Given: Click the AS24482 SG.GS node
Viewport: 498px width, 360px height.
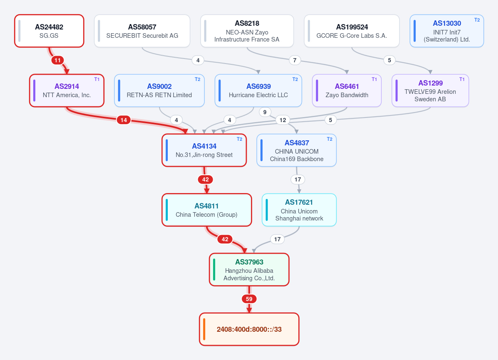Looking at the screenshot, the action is (x=49, y=31).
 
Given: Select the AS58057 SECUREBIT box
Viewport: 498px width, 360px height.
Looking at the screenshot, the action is (x=142, y=31).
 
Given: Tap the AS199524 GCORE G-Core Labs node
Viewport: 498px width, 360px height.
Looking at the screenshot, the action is (x=351, y=31).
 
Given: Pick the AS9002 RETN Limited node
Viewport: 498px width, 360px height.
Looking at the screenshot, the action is (x=159, y=91).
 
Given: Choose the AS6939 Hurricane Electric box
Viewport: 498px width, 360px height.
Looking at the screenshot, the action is (x=258, y=91).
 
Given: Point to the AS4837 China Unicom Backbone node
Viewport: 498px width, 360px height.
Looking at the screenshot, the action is (x=296, y=150).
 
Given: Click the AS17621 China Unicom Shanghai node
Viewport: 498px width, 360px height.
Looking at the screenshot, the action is (x=299, y=210).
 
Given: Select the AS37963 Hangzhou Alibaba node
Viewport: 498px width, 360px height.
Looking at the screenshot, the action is (x=249, y=269).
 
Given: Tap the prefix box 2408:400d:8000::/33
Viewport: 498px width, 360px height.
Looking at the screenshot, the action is (x=249, y=329).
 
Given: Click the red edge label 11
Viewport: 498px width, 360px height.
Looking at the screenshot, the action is (x=57, y=60).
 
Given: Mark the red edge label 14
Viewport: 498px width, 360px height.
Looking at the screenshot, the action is (x=123, y=120).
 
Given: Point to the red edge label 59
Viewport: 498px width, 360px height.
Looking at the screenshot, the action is (x=249, y=299).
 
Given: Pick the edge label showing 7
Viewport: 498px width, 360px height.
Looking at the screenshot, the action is (x=295, y=60).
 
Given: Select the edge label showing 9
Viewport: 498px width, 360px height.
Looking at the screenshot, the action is (x=265, y=112).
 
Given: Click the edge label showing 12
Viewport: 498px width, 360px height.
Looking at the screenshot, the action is (x=283, y=120).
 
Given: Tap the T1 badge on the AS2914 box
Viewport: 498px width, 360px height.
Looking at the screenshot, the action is (x=97, y=79).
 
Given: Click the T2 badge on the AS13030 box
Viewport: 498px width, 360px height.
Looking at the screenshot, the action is (x=477, y=20).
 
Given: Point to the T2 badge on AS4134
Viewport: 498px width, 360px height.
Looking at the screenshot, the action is (x=240, y=139).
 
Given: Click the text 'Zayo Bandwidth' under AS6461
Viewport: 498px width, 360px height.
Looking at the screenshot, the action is (x=347, y=95).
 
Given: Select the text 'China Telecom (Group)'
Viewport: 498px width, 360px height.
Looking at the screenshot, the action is (x=206, y=215).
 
